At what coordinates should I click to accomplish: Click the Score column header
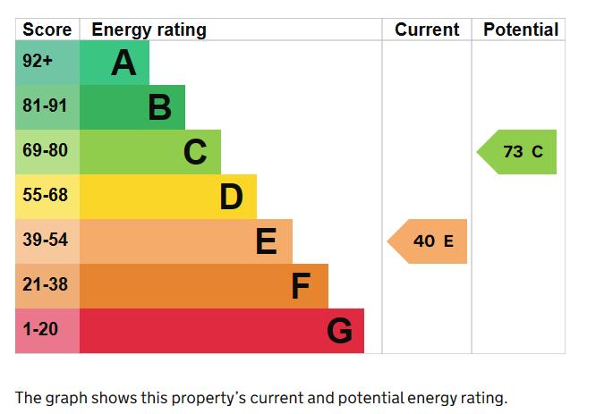pos(47,30)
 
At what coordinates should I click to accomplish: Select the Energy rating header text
pos(149,30)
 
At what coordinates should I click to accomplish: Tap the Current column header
pos(427,30)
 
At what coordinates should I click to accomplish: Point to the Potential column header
pos(521,30)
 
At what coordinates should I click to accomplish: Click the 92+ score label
pos(38,61)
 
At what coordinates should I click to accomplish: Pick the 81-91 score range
pos(45,106)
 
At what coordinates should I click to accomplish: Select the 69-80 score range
pos(46,150)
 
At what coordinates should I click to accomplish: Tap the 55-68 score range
pos(46,195)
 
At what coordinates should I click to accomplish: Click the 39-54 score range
pos(46,240)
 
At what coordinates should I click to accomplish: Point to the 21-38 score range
pos(46,284)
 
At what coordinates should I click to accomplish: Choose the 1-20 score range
pos(40,329)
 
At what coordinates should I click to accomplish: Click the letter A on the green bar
pos(123,63)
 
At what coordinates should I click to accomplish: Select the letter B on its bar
pos(159,107)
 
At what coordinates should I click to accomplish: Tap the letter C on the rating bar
pos(195,152)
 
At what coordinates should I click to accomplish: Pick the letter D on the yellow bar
pos(231,197)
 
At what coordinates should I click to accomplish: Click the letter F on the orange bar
pos(301,286)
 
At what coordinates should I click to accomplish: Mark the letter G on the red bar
pos(339,331)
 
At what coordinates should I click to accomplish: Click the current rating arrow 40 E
pos(427,241)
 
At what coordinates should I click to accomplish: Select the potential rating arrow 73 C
pos(516,152)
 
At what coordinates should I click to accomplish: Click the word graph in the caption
pos(65,399)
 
